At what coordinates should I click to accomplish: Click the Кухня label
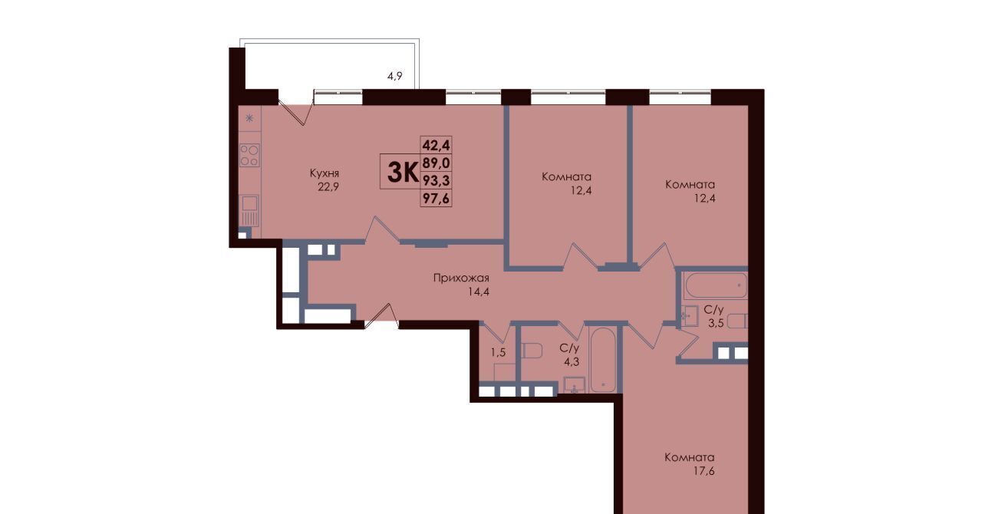[325, 173]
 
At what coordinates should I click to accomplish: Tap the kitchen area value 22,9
[328, 187]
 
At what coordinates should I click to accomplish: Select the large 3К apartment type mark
[403, 172]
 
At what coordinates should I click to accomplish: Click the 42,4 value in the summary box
[437, 144]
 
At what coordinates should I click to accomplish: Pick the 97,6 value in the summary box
[437, 199]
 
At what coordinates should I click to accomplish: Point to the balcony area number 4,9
[394, 76]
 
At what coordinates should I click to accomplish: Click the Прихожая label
[461, 278]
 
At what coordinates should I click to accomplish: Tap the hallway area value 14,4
[478, 292]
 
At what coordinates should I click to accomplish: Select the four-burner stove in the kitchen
[249, 156]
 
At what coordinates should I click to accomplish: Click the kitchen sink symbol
[250, 211]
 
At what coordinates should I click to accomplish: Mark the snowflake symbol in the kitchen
[249, 118]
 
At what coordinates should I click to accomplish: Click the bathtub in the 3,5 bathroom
[716, 285]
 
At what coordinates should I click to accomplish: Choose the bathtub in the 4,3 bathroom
[604, 361]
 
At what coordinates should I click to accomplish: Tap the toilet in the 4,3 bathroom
[532, 351]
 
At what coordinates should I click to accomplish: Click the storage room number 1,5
[498, 353]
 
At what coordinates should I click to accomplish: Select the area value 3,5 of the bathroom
[716, 324]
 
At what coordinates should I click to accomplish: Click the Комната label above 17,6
[690, 458]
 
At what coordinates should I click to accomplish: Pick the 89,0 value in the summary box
[437, 163]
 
